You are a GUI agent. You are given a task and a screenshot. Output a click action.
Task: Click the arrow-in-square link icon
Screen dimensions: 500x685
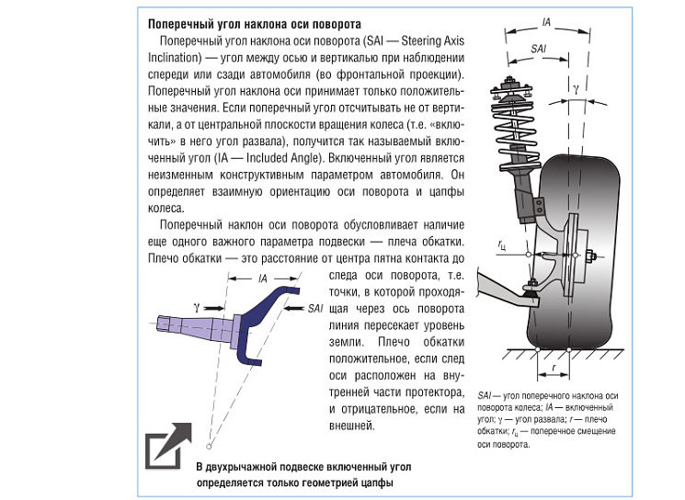click(x=168, y=446)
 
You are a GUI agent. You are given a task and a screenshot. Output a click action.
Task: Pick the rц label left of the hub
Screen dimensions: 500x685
click(x=501, y=245)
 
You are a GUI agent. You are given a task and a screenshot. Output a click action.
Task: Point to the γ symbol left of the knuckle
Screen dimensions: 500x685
click(x=198, y=301)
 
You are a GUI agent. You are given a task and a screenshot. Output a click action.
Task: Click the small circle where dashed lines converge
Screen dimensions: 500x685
click(x=210, y=446)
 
